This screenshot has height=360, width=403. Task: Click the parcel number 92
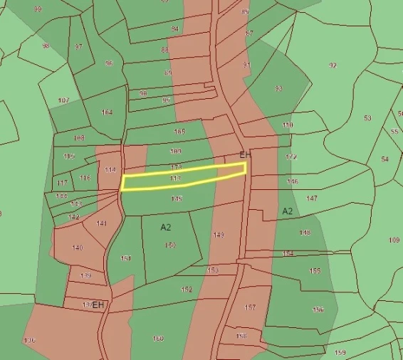(x=333, y=65)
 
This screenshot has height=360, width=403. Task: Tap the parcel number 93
(x=278, y=88)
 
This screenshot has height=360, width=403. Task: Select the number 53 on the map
(x=367, y=118)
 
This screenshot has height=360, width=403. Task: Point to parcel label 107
(x=64, y=100)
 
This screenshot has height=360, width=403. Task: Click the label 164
(x=108, y=112)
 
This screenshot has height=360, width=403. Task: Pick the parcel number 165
(x=179, y=132)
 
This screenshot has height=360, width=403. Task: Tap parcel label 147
(x=311, y=198)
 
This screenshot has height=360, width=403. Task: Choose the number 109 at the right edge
(x=394, y=240)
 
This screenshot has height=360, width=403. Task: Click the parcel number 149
(x=219, y=234)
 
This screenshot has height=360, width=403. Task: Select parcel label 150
(x=170, y=245)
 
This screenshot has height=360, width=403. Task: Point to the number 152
(x=187, y=290)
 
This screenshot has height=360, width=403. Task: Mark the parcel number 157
(x=250, y=307)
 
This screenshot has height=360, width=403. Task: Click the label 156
(x=318, y=309)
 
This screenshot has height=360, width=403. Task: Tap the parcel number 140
(x=78, y=248)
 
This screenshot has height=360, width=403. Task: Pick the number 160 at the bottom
(x=158, y=339)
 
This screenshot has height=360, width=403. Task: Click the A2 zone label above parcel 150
(x=166, y=227)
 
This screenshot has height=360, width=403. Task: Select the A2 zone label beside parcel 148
(x=288, y=211)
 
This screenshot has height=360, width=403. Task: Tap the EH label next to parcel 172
(x=246, y=155)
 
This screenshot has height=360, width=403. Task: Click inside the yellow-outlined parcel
(x=184, y=177)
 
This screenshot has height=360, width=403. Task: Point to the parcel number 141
(x=102, y=223)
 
